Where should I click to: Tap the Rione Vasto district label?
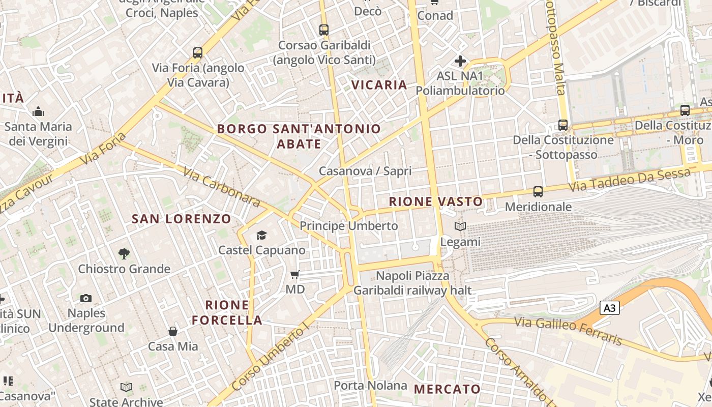point(436,201)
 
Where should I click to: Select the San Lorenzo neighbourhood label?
point(182,219)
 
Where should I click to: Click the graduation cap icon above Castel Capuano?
point(261,235)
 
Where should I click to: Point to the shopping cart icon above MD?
point(294,275)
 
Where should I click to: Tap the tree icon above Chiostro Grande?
point(124,253)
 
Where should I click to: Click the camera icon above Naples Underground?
point(86,298)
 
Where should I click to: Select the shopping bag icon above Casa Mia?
point(173,332)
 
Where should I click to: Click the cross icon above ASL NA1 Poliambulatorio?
point(460,62)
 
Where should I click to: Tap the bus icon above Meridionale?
point(538,192)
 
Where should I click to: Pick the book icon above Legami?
point(460,227)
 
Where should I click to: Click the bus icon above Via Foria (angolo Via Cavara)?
point(198,52)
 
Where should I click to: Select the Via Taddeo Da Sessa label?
point(629,181)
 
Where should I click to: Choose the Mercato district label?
point(447,389)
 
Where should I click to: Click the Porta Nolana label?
point(370,386)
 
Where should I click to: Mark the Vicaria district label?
point(379,85)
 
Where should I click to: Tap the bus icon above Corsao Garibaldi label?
point(324,30)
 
